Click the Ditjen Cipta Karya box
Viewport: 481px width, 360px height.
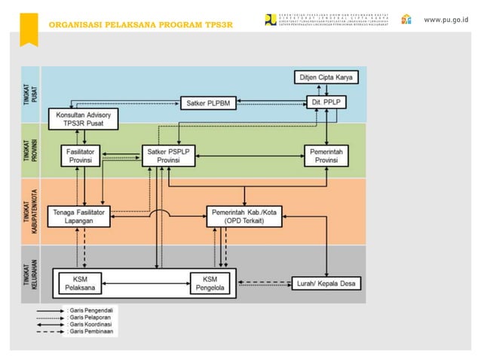click(325, 78)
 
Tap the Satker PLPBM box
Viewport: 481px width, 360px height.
click(209, 102)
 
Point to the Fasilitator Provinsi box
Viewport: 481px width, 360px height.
click(80, 156)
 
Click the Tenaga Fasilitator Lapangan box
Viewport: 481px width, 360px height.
click(79, 216)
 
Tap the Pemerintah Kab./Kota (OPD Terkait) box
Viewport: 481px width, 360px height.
click(244, 216)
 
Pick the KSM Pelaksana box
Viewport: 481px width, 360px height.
click(80, 282)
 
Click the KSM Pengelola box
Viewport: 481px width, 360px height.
click(210, 282)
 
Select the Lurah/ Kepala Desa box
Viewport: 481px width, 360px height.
click(326, 283)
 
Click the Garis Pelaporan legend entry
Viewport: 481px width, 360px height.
click(87, 318)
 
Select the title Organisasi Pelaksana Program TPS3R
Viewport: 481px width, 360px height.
click(140, 25)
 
